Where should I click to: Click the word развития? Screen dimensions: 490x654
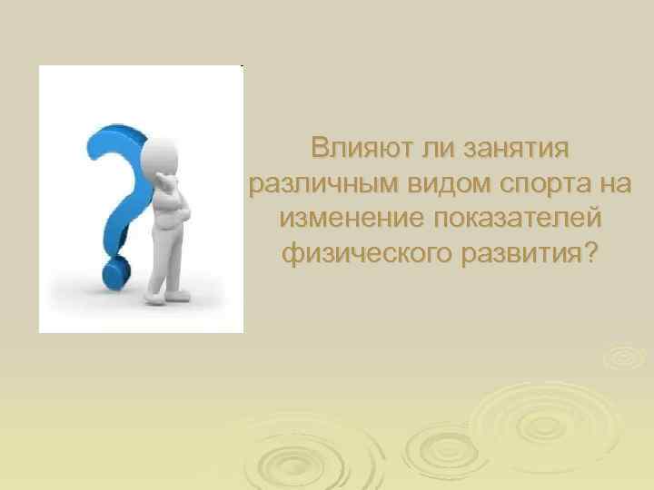(x=519, y=253)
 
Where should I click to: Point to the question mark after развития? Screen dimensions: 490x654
(x=592, y=253)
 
